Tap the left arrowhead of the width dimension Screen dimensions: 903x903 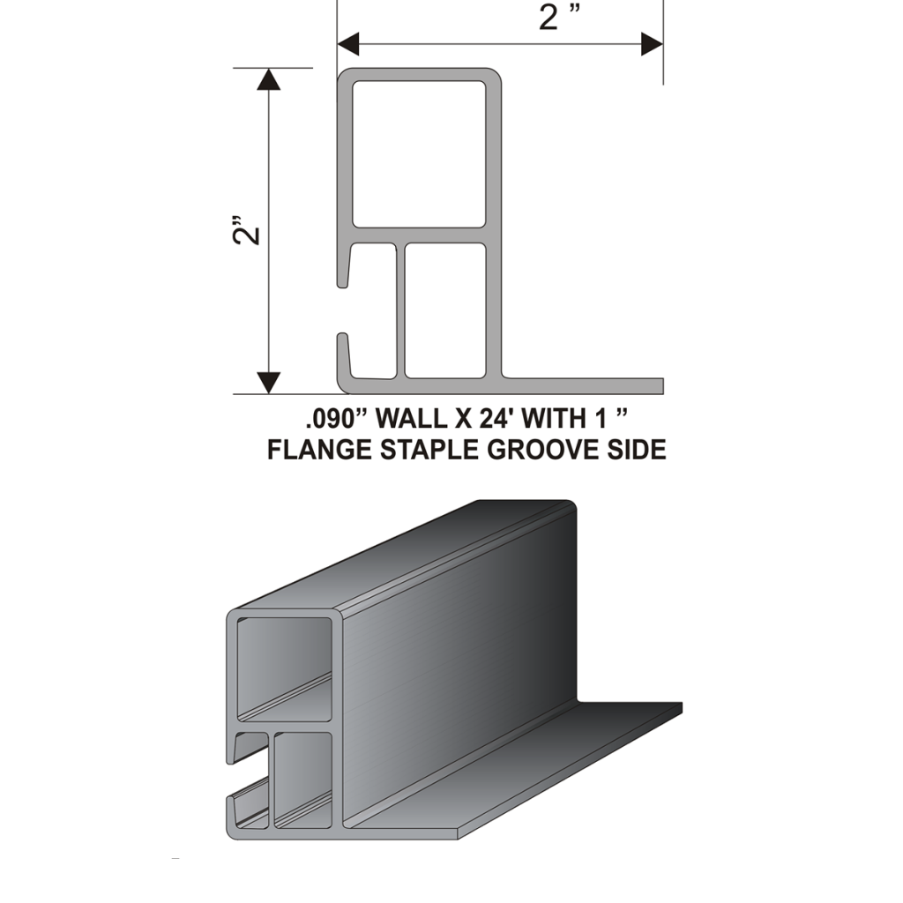click(348, 44)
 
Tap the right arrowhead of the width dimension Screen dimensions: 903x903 click(652, 44)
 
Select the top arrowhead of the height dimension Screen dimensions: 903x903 click(268, 79)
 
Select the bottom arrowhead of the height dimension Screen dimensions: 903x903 click(268, 383)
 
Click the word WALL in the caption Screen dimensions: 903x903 click(411, 419)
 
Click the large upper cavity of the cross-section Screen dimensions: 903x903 click(419, 153)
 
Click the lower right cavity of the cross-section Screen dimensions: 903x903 click(445, 310)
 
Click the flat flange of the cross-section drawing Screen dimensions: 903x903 click(582, 386)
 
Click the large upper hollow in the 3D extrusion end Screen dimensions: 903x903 click(285, 669)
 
